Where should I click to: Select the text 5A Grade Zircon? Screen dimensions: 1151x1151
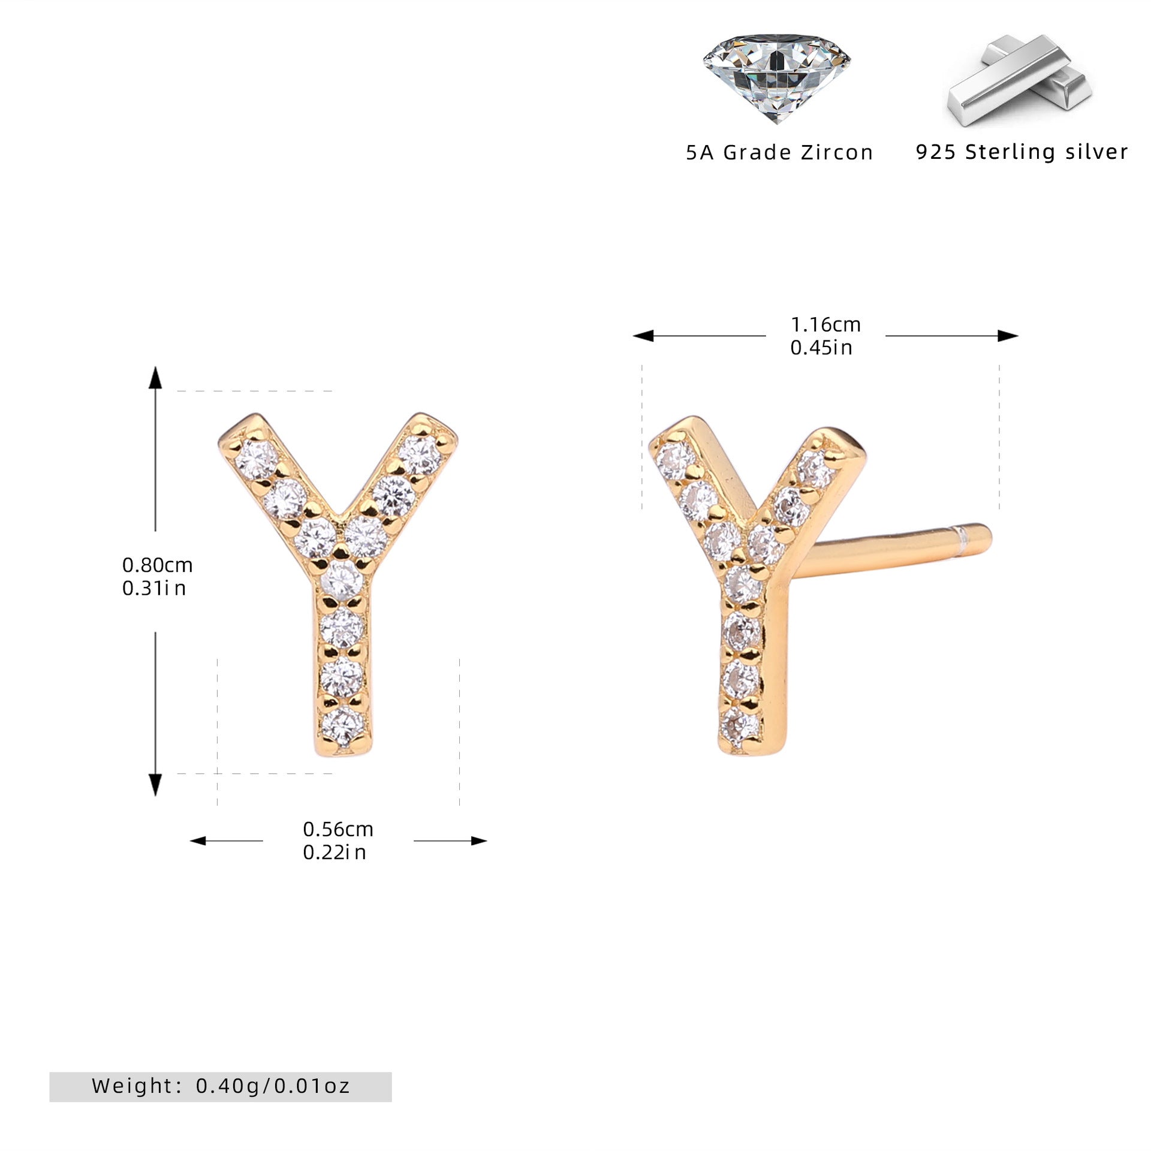pyautogui.click(x=779, y=152)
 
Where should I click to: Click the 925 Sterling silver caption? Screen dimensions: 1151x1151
pyautogui.click(x=1022, y=152)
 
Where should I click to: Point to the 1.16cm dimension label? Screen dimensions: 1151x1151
pyautogui.click(x=825, y=324)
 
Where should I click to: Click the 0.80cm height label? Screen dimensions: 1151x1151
pyautogui.click(x=157, y=565)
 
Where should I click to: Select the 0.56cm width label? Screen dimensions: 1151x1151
pyautogui.click(x=338, y=829)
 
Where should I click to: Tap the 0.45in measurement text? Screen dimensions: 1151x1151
pyautogui.click(x=821, y=348)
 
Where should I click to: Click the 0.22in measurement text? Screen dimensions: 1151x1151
pyautogui.click(x=335, y=852)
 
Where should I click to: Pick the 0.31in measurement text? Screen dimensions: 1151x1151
pyautogui.click(x=154, y=588)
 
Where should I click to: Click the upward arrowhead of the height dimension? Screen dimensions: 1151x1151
pyautogui.click(x=155, y=378)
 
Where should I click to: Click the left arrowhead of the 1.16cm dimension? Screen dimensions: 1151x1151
pyautogui.click(x=643, y=336)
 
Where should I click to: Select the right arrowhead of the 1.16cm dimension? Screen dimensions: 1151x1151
pyautogui.click(x=1008, y=336)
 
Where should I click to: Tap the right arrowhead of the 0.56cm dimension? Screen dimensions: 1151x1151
pyautogui.click(x=479, y=840)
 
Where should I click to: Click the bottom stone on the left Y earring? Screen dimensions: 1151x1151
pyautogui.click(x=342, y=726)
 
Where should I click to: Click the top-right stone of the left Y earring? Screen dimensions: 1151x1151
pyautogui.click(x=421, y=456)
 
